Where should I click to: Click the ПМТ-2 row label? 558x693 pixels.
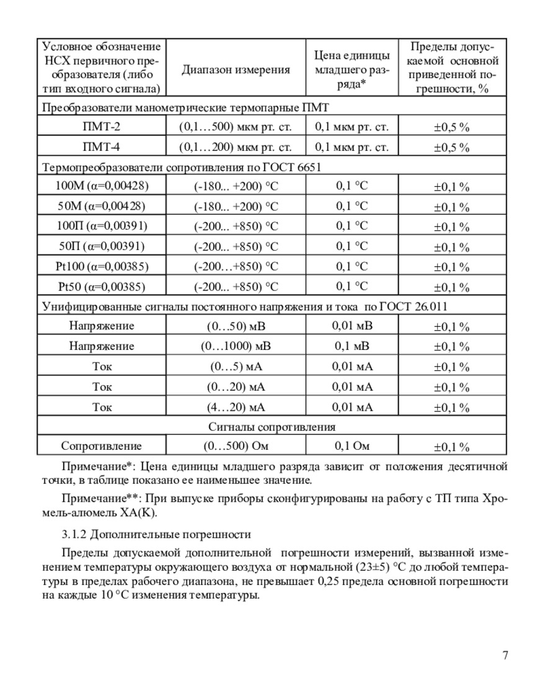102,127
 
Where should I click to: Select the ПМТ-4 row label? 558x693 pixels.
102,148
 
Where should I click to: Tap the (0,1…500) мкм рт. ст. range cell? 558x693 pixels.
236,127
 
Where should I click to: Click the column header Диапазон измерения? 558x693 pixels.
236,69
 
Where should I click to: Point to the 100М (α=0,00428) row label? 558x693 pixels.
102,186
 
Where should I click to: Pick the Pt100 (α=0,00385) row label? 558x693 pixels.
102,266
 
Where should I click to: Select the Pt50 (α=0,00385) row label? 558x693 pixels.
102,287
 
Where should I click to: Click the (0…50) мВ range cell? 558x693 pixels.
236,326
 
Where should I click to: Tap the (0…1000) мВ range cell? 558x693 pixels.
236,346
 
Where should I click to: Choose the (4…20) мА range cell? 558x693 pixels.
236,407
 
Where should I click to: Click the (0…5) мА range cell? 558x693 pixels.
236,366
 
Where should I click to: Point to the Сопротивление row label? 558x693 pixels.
102,445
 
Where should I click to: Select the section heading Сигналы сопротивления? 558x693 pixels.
272,427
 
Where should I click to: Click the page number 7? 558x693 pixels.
505,656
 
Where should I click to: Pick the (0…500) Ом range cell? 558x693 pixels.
236,445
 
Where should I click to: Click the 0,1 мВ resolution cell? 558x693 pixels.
352,345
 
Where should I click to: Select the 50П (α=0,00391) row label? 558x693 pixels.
102,246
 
